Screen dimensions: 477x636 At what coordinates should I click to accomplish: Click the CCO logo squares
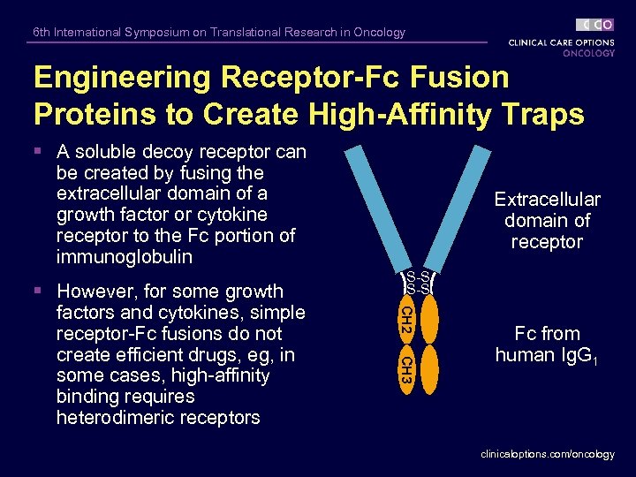595,25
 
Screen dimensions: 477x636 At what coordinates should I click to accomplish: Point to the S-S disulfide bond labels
418,283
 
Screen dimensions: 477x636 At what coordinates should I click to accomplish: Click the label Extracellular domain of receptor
547,221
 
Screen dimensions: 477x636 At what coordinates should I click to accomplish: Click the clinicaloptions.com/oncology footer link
548,454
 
